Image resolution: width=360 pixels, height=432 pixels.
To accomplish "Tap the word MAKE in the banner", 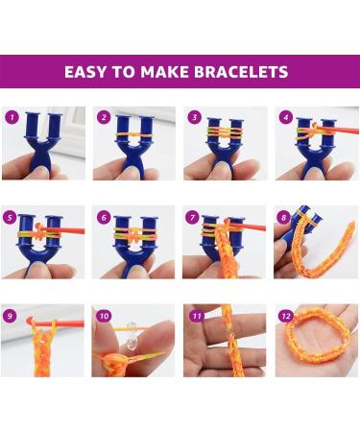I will click(167, 72).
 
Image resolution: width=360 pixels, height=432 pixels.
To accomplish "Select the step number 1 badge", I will click(12, 117).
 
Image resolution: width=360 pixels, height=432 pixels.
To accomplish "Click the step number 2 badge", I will click(104, 117).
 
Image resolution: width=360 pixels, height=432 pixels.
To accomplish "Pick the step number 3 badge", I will click(195, 117).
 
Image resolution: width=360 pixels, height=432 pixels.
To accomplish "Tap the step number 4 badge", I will click(285, 117).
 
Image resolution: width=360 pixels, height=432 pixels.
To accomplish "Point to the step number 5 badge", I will click(12, 216).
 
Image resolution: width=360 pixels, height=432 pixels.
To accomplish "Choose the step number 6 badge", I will click(104, 216).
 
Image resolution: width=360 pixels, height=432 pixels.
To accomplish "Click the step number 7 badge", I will click(195, 216).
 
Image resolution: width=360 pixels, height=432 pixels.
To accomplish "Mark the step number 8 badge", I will click(285, 216).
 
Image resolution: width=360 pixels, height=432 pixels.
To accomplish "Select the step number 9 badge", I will click(12, 315).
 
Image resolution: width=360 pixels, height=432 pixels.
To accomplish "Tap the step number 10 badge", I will click(104, 315).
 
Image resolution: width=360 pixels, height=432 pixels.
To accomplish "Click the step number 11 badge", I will click(195, 315).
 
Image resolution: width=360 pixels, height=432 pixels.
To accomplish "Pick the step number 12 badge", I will click(285, 315).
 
